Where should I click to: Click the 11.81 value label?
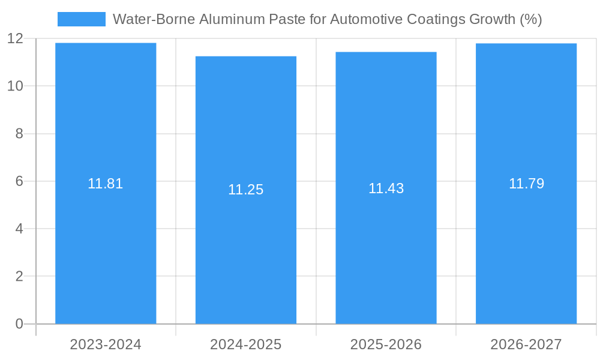click(x=106, y=184)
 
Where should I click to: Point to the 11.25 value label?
click(x=246, y=190)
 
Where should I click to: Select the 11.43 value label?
click(x=386, y=188)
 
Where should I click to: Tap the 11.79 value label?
click(x=526, y=184)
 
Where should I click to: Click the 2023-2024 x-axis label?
click(x=106, y=344)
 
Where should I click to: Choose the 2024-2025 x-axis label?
click(x=246, y=344)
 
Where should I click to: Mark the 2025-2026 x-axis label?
click(x=386, y=344)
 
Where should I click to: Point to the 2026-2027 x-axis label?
click(x=526, y=344)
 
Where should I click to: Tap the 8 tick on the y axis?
click(x=19, y=133)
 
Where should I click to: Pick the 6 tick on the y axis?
click(x=19, y=181)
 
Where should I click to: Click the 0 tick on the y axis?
click(x=19, y=324)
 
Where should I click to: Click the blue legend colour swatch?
click(x=82, y=19)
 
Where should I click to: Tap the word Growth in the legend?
click(x=486, y=19)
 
